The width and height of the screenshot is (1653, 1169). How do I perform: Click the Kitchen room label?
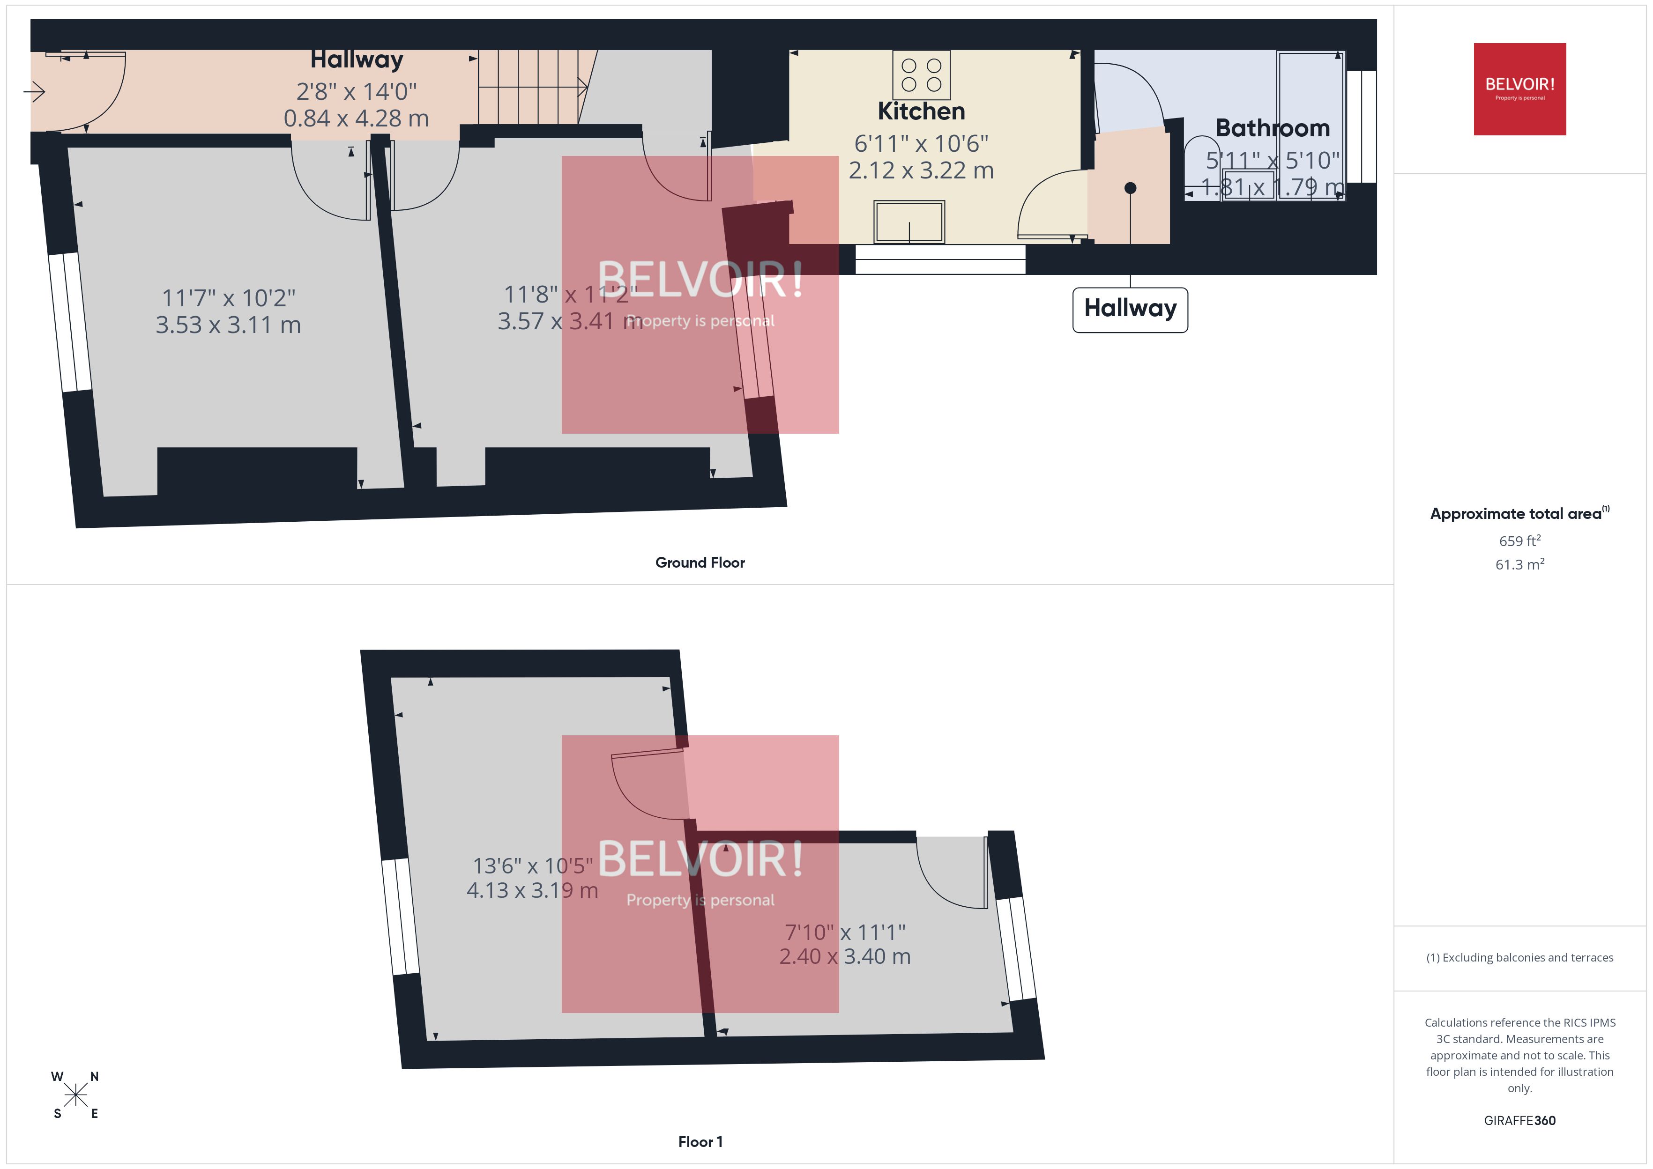(x=921, y=111)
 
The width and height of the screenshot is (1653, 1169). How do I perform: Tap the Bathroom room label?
(x=1272, y=128)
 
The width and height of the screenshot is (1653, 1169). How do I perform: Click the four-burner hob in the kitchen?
(x=921, y=75)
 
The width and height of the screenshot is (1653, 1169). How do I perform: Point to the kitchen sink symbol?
(x=908, y=222)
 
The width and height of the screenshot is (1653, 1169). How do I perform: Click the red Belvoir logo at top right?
(x=1519, y=89)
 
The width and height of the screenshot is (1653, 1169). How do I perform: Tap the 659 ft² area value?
(x=1519, y=540)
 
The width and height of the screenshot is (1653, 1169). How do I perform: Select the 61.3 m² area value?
(x=1519, y=564)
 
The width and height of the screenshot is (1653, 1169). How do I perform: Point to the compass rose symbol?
(x=75, y=1095)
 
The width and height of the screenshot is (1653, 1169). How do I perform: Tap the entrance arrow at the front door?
(x=35, y=91)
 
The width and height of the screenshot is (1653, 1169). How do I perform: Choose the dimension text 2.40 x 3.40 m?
(x=844, y=957)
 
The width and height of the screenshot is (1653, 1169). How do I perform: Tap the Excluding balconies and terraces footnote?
(x=1519, y=957)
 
